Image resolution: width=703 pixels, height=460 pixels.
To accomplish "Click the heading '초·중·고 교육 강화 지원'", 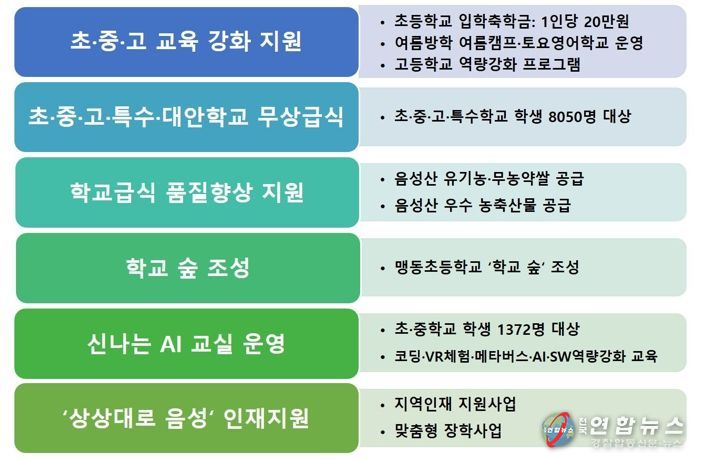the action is tap(186, 41).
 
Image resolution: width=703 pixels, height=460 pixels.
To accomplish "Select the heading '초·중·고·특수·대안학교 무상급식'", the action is tap(186, 117).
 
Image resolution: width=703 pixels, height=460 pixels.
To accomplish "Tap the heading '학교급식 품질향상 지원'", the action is tap(187, 192).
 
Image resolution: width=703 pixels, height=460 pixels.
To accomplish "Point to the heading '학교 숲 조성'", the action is tap(187, 268).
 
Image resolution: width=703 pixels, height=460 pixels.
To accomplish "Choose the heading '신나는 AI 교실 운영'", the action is tap(186, 343).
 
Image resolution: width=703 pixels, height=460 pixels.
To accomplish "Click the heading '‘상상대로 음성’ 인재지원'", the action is tap(186, 418).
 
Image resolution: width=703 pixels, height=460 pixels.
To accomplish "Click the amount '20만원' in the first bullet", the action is tap(606, 21).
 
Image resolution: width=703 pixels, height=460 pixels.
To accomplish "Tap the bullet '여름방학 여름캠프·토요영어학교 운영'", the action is tap(519, 43).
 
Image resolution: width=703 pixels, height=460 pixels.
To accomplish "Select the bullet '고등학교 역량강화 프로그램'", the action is tap(487, 64).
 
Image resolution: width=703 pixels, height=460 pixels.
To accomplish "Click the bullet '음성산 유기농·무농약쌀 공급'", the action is tap(489, 178).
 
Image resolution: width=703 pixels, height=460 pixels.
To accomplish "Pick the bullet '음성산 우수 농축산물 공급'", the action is tap(483, 205).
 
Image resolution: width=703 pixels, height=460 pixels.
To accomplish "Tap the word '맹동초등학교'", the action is tap(438, 267).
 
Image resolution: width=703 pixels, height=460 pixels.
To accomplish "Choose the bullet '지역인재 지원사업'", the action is tap(455, 404).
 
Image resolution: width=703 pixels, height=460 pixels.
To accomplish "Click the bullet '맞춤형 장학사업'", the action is tap(448, 431).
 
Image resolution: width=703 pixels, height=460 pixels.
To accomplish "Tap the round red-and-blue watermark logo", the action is tap(558, 429).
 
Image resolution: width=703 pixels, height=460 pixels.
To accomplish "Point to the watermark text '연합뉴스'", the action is tap(637, 425).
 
